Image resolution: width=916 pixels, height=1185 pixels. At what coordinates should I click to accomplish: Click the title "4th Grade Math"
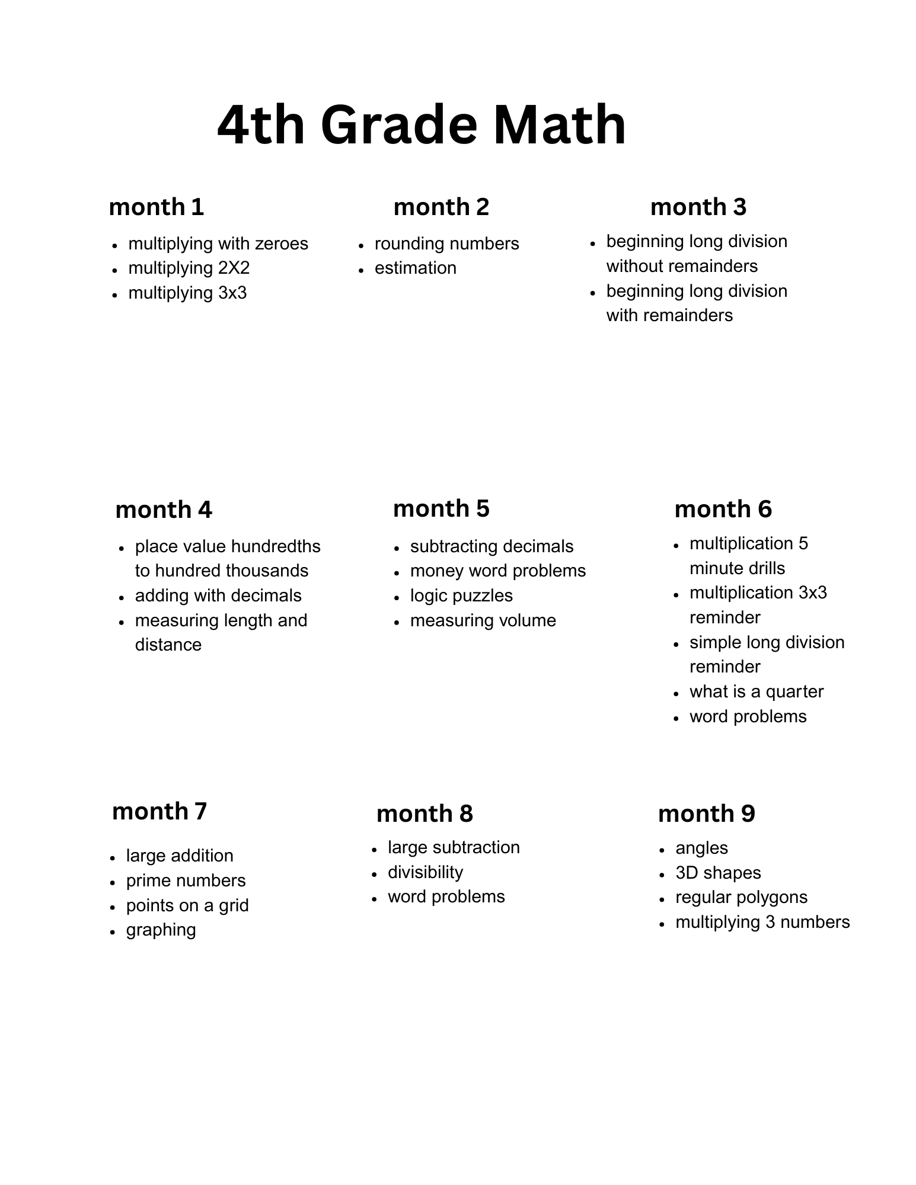point(422,125)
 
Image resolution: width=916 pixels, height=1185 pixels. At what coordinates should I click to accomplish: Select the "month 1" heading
point(157,207)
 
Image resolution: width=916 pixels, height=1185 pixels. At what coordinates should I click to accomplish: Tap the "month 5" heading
point(441,508)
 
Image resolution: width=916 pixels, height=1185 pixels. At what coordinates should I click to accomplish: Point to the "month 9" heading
point(706,814)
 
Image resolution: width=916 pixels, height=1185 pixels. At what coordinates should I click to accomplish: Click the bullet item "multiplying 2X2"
point(189,268)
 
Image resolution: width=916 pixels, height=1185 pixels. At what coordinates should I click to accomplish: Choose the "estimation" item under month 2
point(415,268)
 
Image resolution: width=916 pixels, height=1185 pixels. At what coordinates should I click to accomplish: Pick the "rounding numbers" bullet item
point(446,244)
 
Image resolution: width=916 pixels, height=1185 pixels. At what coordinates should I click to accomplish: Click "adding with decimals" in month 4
point(218,595)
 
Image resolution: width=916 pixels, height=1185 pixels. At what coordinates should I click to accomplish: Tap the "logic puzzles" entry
point(461,595)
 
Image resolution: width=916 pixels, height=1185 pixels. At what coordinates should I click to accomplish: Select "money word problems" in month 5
point(497,571)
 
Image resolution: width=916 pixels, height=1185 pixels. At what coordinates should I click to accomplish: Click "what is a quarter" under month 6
point(757,691)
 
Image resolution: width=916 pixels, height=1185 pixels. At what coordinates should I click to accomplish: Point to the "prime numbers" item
point(186,880)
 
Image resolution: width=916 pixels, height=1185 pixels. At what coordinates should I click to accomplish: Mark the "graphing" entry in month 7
point(161,930)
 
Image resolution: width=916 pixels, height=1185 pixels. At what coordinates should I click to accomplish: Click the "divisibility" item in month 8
point(425,872)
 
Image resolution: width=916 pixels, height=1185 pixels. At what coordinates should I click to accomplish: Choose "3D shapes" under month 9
point(718,873)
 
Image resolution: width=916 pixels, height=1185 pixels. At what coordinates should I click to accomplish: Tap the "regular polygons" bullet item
point(741,897)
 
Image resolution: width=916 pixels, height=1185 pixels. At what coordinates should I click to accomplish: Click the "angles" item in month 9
point(701,848)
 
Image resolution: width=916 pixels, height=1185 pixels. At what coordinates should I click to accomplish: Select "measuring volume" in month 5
point(483,620)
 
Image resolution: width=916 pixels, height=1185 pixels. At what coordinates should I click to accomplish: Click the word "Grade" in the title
point(398,125)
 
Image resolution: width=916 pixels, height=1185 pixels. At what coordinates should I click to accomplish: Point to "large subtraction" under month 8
point(454,847)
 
